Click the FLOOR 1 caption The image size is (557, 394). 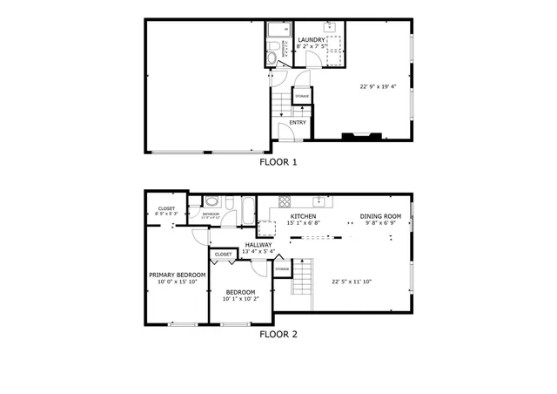point(278,161)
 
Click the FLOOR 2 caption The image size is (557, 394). point(278,333)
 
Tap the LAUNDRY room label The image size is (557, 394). point(312,40)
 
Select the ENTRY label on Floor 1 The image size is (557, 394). point(297,123)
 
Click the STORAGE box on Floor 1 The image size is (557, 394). point(301,96)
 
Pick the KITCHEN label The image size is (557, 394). point(302,215)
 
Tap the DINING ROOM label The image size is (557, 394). point(380,215)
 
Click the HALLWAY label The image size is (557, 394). point(258,245)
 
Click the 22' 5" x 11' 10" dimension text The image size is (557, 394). point(352,281)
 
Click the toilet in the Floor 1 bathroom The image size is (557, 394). point(272,58)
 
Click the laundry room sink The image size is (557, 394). point(331,28)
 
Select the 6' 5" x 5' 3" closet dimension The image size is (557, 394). point(165,213)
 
